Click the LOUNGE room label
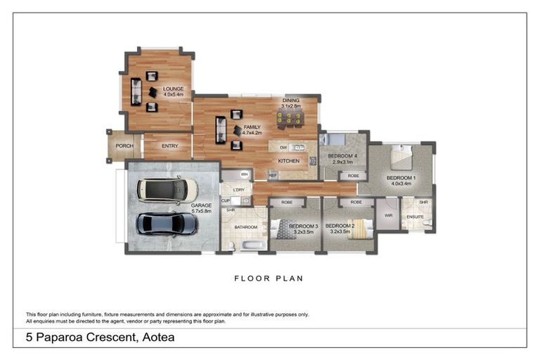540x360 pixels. point(173,89)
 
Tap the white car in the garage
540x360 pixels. point(167,189)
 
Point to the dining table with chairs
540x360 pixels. point(290,120)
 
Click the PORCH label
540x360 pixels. point(124,146)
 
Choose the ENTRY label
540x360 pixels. point(169,146)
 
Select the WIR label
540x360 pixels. point(387,216)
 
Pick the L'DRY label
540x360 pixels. point(237,190)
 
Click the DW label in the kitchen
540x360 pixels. point(283,148)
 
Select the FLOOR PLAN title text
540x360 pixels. point(269,278)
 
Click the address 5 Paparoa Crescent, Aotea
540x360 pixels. point(100,337)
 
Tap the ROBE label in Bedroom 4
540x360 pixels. point(353,175)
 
